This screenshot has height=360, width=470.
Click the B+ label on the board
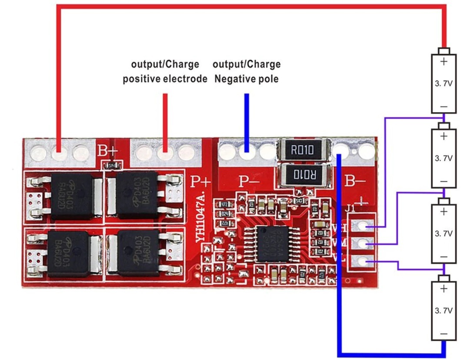tap(107, 151)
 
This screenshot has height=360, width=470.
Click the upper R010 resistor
tap(304, 150)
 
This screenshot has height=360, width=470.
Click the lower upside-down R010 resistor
tap(304, 175)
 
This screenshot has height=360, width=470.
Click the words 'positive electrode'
tap(165, 79)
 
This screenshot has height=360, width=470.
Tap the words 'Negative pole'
tap(247, 79)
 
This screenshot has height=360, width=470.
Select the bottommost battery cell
tap(443, 311)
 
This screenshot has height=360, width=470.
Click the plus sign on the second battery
tap(443, 137)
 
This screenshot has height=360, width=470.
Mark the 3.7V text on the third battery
tap(443, 233)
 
